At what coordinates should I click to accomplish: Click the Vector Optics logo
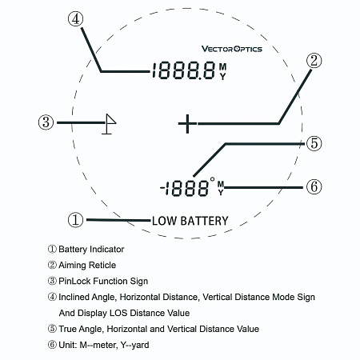232,49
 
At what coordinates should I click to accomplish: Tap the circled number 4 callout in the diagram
75,19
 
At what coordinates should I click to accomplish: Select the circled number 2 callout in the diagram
314,61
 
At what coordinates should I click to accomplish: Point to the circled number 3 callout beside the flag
46,122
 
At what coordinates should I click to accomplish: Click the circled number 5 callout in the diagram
314,143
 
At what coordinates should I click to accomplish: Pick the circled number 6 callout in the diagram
314,186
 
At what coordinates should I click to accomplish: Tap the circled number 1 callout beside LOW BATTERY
75,220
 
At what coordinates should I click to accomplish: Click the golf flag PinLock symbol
109,124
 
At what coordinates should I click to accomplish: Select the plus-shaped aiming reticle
187,124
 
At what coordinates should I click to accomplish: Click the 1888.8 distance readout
183,70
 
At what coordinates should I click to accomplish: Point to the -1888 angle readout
184,188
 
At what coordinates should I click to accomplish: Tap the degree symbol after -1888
212,179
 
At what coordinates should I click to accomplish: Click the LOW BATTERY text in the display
190,221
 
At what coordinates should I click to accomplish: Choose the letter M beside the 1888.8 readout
222,66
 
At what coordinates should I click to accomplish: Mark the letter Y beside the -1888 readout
221,192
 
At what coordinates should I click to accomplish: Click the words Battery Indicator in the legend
91,250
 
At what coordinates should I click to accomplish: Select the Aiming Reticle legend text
87,265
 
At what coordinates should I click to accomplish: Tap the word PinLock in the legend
74,281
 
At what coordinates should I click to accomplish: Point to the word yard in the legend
140,345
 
